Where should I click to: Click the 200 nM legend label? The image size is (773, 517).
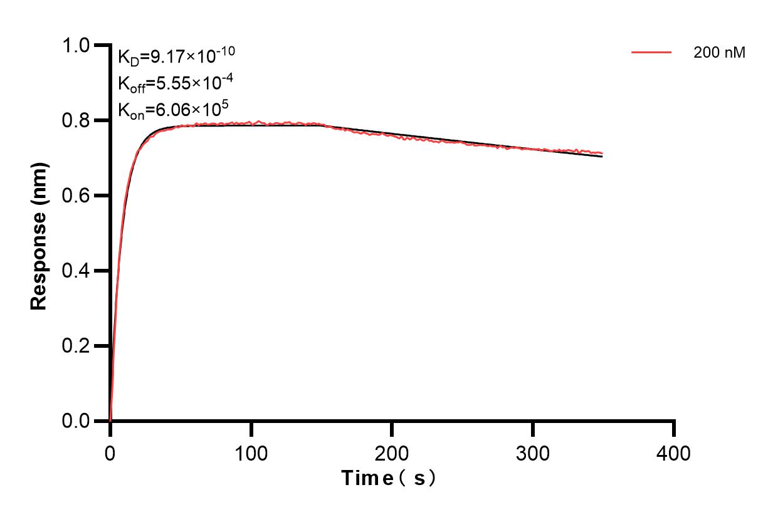click(719, 53)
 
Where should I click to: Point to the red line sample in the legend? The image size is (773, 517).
click(651, 53)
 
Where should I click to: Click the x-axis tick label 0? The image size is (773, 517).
click(110, 452)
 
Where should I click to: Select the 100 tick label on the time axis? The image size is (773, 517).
click(251, 452)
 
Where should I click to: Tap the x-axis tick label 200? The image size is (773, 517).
click(392, 452)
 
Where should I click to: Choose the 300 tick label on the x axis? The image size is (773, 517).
click(533, 452)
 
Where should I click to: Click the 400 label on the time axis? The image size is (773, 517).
click(674, 452)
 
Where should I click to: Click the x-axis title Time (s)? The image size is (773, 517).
click(389, 479)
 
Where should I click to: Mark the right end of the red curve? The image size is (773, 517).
click(602, 153)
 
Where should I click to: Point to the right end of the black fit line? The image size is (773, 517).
click(602, 157)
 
